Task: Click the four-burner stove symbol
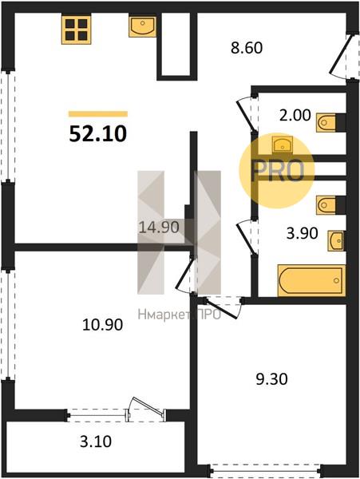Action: click(77, 30)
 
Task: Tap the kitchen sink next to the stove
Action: click(142, 27)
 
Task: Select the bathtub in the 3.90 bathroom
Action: click(311, 280)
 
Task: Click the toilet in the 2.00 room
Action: click(326, 122)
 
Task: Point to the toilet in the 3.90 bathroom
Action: click(326, 205)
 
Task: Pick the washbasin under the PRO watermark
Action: click(283, 144)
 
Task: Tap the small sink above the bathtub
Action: click(336, 241)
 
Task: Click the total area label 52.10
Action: click(97, 134)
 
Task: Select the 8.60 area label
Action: click(247, 48)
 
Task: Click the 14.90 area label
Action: click(159, 228)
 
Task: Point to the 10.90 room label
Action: click(103, 324)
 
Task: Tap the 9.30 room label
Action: click(271, 379)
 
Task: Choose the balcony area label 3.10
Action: click(96, 441)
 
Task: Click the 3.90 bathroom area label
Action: click(303, 233)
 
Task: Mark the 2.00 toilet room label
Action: click(295, 116)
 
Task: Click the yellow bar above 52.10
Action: click(98, 114)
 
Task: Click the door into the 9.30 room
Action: click(222, 307)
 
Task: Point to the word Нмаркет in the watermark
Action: click(164, 315)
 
